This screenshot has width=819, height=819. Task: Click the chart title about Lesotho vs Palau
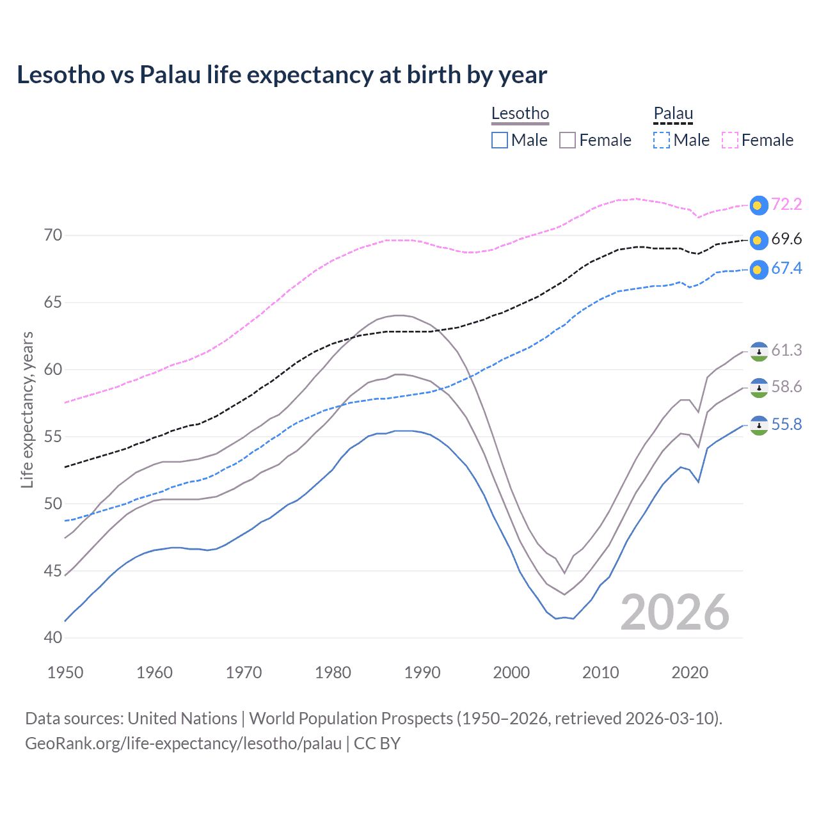coord(282,75)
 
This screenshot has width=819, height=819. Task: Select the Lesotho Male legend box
coord(500,140)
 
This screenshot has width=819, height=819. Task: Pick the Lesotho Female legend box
coord(568,140)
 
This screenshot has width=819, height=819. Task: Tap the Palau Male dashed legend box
coord(662,140)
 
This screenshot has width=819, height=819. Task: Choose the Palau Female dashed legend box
coord(730,140)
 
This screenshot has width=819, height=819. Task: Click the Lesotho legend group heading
coord(520,114)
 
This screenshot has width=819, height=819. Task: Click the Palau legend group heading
coord(673,114)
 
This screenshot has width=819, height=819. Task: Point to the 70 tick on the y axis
coord(53,235)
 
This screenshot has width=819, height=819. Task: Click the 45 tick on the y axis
coord(53,571)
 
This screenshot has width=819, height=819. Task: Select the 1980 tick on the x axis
coord(333,672)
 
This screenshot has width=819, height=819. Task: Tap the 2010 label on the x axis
coord(600,672)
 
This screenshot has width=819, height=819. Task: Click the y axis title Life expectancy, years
coord(27,409)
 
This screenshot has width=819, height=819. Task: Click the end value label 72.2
coord(786,204)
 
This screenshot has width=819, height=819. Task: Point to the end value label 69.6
coord(786,239)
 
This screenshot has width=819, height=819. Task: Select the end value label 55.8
coord(786,425)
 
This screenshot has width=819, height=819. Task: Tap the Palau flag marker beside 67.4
coord(758,269)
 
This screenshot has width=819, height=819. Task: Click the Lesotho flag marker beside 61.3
coord(758,351)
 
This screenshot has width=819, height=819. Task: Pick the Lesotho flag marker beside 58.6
coord(758,388)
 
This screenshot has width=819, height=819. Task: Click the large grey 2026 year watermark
coord(675,612)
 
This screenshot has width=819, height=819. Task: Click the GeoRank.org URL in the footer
coord(183,743)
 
